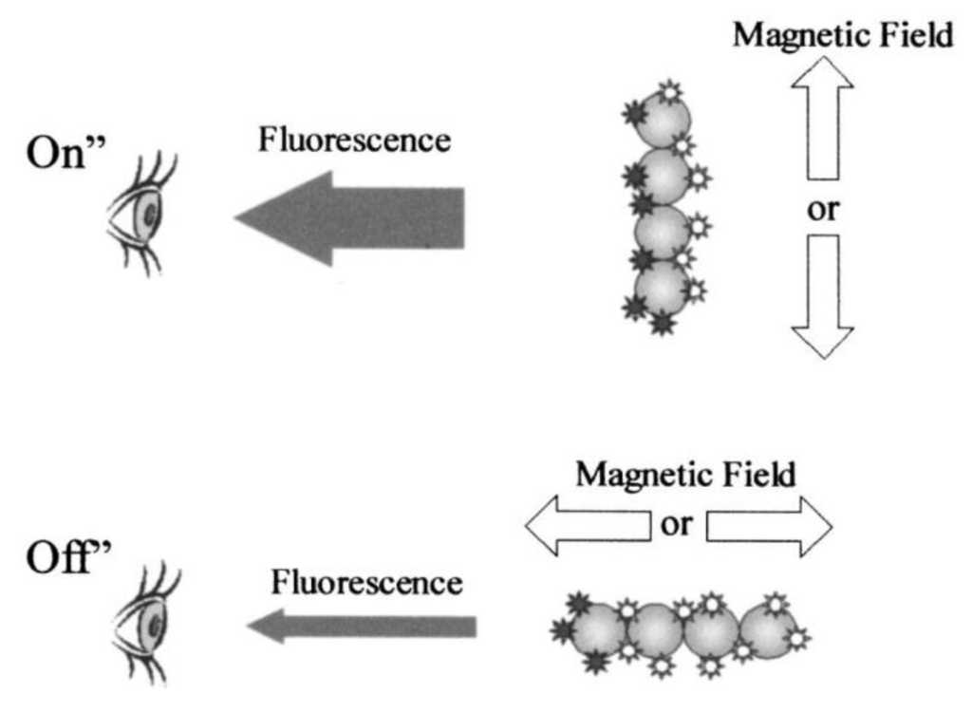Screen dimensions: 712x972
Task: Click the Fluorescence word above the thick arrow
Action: point(353,140)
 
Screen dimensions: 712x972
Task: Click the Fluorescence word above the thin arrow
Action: point(366,581)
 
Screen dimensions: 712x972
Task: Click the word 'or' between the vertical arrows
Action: point(822,208)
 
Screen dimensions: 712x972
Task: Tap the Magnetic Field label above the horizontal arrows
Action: point(685,473)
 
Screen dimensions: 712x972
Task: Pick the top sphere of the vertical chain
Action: point(664,119)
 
